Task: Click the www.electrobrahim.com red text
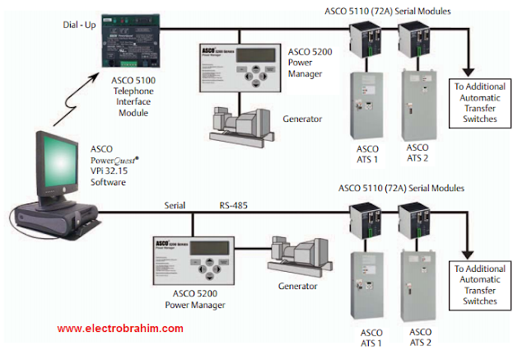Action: point(119,328)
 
